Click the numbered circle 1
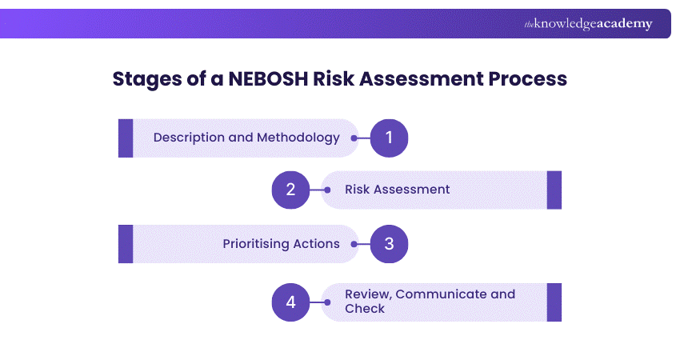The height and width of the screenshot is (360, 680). tap(390, 138)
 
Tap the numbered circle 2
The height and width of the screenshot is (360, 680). tap(290, 190)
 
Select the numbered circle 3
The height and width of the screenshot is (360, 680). tap(390, 244)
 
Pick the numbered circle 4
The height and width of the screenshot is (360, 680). tap(290, 302)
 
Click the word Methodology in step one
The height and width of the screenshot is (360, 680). tap(298, 138)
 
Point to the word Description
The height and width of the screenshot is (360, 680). tap(189, 138)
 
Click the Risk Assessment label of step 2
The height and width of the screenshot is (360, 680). tap(398, 190)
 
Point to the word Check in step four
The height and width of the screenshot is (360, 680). tap(365, 309)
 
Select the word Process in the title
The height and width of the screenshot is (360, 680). tap(528, 79)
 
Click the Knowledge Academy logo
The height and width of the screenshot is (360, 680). tap(588, 24)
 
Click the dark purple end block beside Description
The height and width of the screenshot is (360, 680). tap(126, 138)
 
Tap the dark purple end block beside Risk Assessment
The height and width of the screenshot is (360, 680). tap(554, 190)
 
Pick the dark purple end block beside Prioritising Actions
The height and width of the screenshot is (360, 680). tap(126, 244)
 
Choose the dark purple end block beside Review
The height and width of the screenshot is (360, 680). tap(554, 302)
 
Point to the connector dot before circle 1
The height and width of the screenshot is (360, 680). tap(354, 138)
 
